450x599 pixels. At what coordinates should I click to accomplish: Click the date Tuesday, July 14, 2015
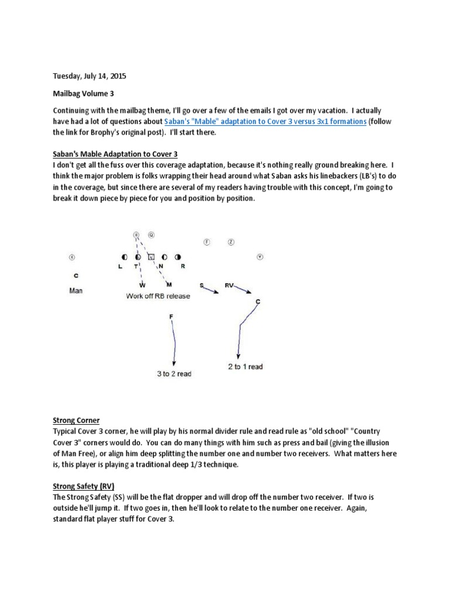(x=89, y=76)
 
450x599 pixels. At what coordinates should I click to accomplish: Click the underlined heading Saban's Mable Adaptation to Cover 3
(x=115, y=154)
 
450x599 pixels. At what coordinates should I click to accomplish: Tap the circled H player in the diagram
(x=136, y=235)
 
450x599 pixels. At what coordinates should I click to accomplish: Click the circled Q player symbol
(x=151, y=235)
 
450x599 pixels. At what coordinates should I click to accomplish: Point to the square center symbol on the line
(x=151, y=257)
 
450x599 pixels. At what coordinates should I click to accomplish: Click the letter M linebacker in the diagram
(x=169, y=285)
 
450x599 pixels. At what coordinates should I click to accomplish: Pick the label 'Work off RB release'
(x=158, y=296)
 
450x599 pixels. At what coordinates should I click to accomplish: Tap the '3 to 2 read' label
(x=174, y=374)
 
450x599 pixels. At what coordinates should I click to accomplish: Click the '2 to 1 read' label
(x=245, y=367)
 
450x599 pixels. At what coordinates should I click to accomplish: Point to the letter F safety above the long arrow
(x=172, y=316)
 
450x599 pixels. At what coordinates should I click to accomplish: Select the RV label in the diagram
(x=230, y=285)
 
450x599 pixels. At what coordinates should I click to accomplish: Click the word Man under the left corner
(x=76, y=290)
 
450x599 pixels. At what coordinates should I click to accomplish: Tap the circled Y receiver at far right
(x=260, y=256)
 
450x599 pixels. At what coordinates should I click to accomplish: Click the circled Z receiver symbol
(x=231, y=241)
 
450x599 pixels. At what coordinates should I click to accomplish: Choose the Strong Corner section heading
(x=76, y=420)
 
